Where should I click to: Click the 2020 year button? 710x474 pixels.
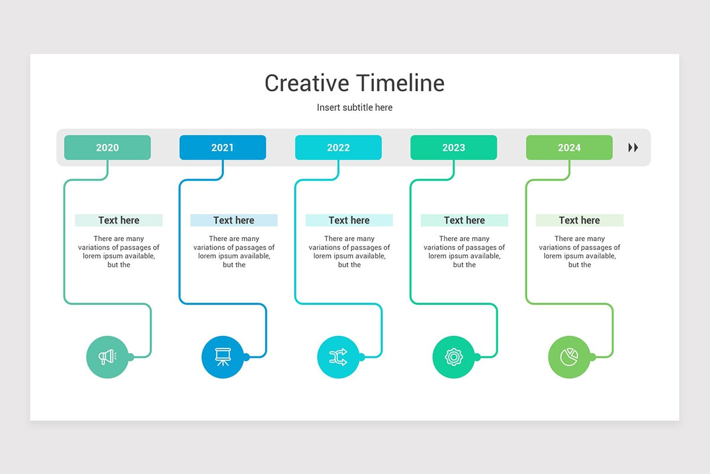(107, 148)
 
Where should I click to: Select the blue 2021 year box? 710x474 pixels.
(222, 148)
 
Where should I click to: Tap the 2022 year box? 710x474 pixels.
(338, 148)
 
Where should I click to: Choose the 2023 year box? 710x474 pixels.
(453, 148)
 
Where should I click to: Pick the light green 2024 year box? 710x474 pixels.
(569, 148)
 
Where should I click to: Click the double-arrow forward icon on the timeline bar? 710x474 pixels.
(633, 148)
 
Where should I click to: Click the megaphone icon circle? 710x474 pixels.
(107, 357)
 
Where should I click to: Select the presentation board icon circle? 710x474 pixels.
(222, 357)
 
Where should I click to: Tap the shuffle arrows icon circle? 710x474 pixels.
(338, 357)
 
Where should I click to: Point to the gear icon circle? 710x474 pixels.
(453, 357)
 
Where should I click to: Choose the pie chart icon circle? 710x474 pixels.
(569, 357)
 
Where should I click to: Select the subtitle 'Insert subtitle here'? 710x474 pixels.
(354, 107)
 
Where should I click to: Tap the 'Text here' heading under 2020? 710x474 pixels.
(118, 220)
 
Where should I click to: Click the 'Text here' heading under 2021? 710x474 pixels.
(234, 220)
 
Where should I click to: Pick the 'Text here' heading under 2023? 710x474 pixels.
(464, 220)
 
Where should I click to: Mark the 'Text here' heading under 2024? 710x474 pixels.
(579, 220)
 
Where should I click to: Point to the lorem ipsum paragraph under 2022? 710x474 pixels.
(349, 252)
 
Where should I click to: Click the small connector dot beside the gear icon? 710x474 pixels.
(477, 357)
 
